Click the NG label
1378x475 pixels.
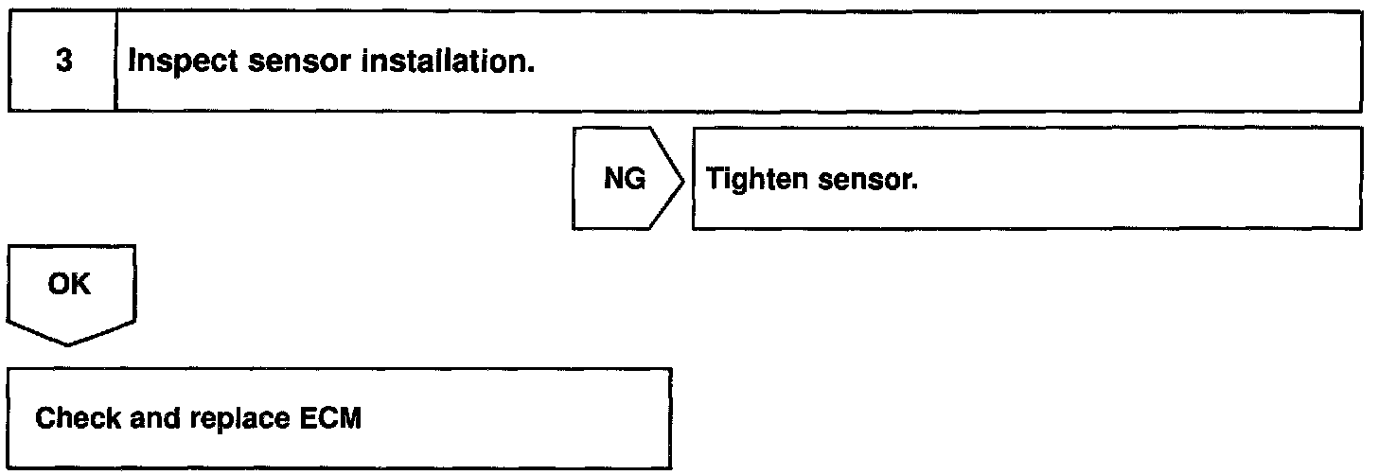[x=625, y=180]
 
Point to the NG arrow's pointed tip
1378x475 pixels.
[x=683, y=179]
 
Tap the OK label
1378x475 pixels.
[x=70, y=284]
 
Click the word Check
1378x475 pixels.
[x=73, y=419]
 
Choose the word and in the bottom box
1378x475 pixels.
[x=150, y=419]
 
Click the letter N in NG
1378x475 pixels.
[x=614, y=180]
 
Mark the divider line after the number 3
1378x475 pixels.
[x=115, y=62]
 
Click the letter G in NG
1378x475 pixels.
[x=635, y=180]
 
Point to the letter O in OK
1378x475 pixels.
[x=59, y=284]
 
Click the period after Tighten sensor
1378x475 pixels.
[x=915, y=186]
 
